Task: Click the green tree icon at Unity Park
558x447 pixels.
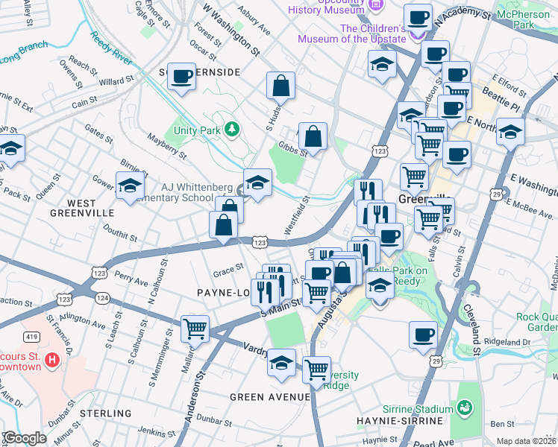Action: point(232,130)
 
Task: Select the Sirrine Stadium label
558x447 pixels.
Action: point(423,409)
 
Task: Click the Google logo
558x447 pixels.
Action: point(25,438)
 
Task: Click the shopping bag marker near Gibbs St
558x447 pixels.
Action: point(313,136)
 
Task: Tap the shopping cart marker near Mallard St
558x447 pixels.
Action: point(195,328)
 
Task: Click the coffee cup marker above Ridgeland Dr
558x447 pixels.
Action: point(423,335)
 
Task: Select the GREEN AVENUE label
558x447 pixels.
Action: point(269,397)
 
